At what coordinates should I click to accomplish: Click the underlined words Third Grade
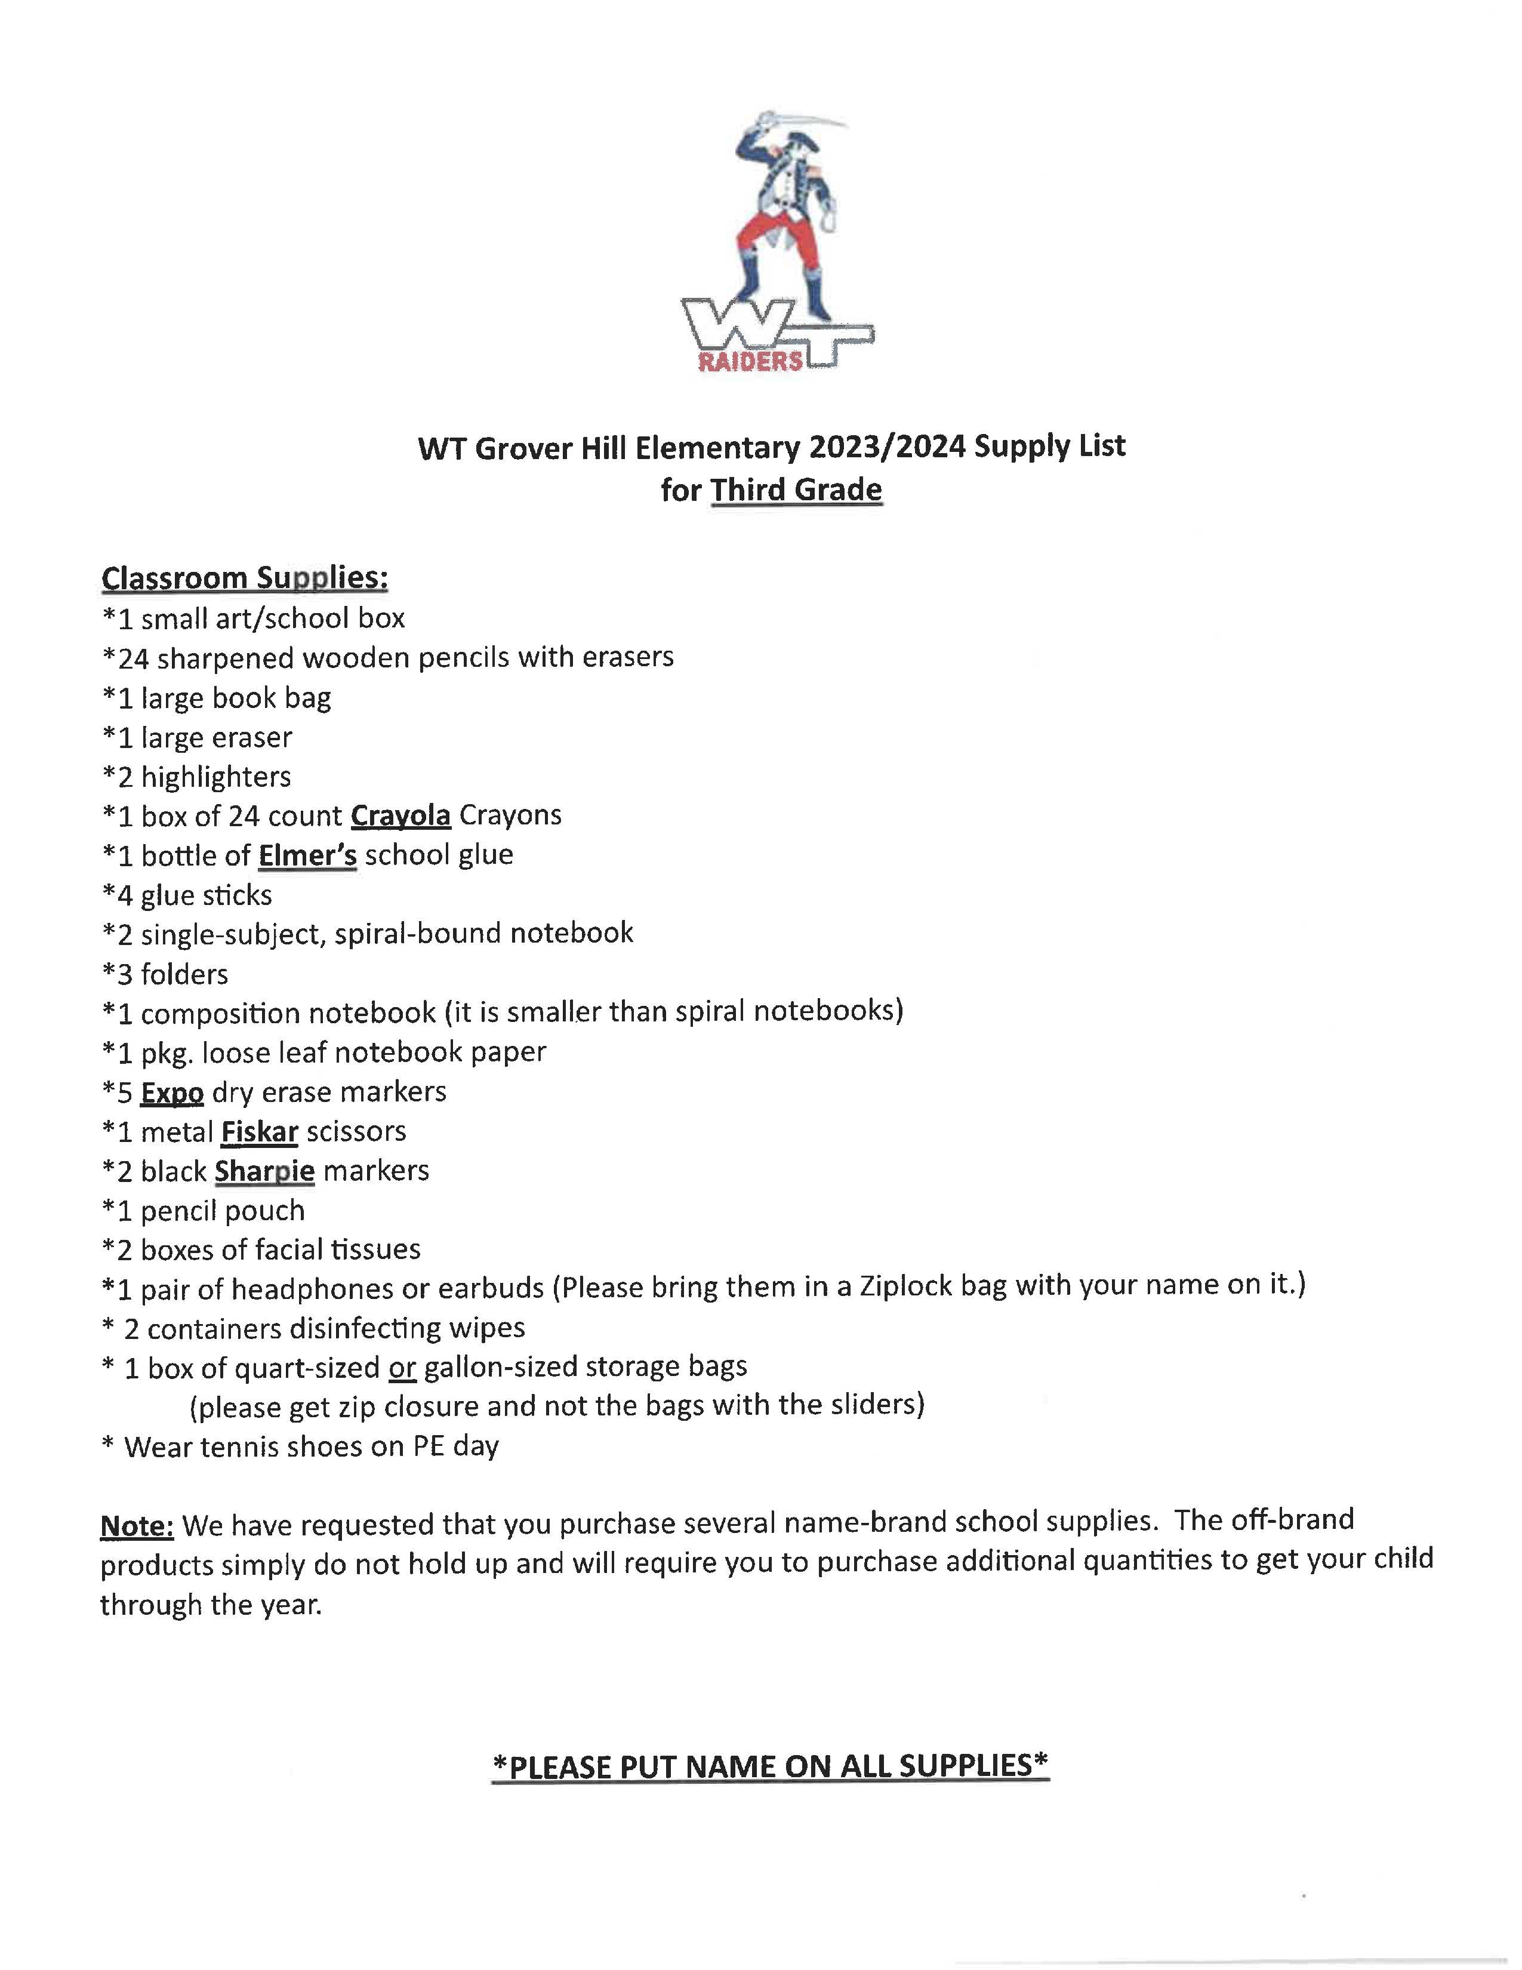[796, 490]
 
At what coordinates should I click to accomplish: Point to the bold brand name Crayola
[400, 815]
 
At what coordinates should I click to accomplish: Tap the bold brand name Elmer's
[307, 855]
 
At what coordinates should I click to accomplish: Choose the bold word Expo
[172, 1092]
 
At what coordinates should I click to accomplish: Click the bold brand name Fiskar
[260, 1132]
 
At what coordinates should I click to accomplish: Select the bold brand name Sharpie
[264, 1171]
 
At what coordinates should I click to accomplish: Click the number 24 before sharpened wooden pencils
[134, 658]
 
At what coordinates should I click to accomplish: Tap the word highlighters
[217, 777]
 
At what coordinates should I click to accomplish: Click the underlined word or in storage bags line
[402, 1368]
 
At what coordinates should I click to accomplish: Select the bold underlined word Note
[136, 1525]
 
